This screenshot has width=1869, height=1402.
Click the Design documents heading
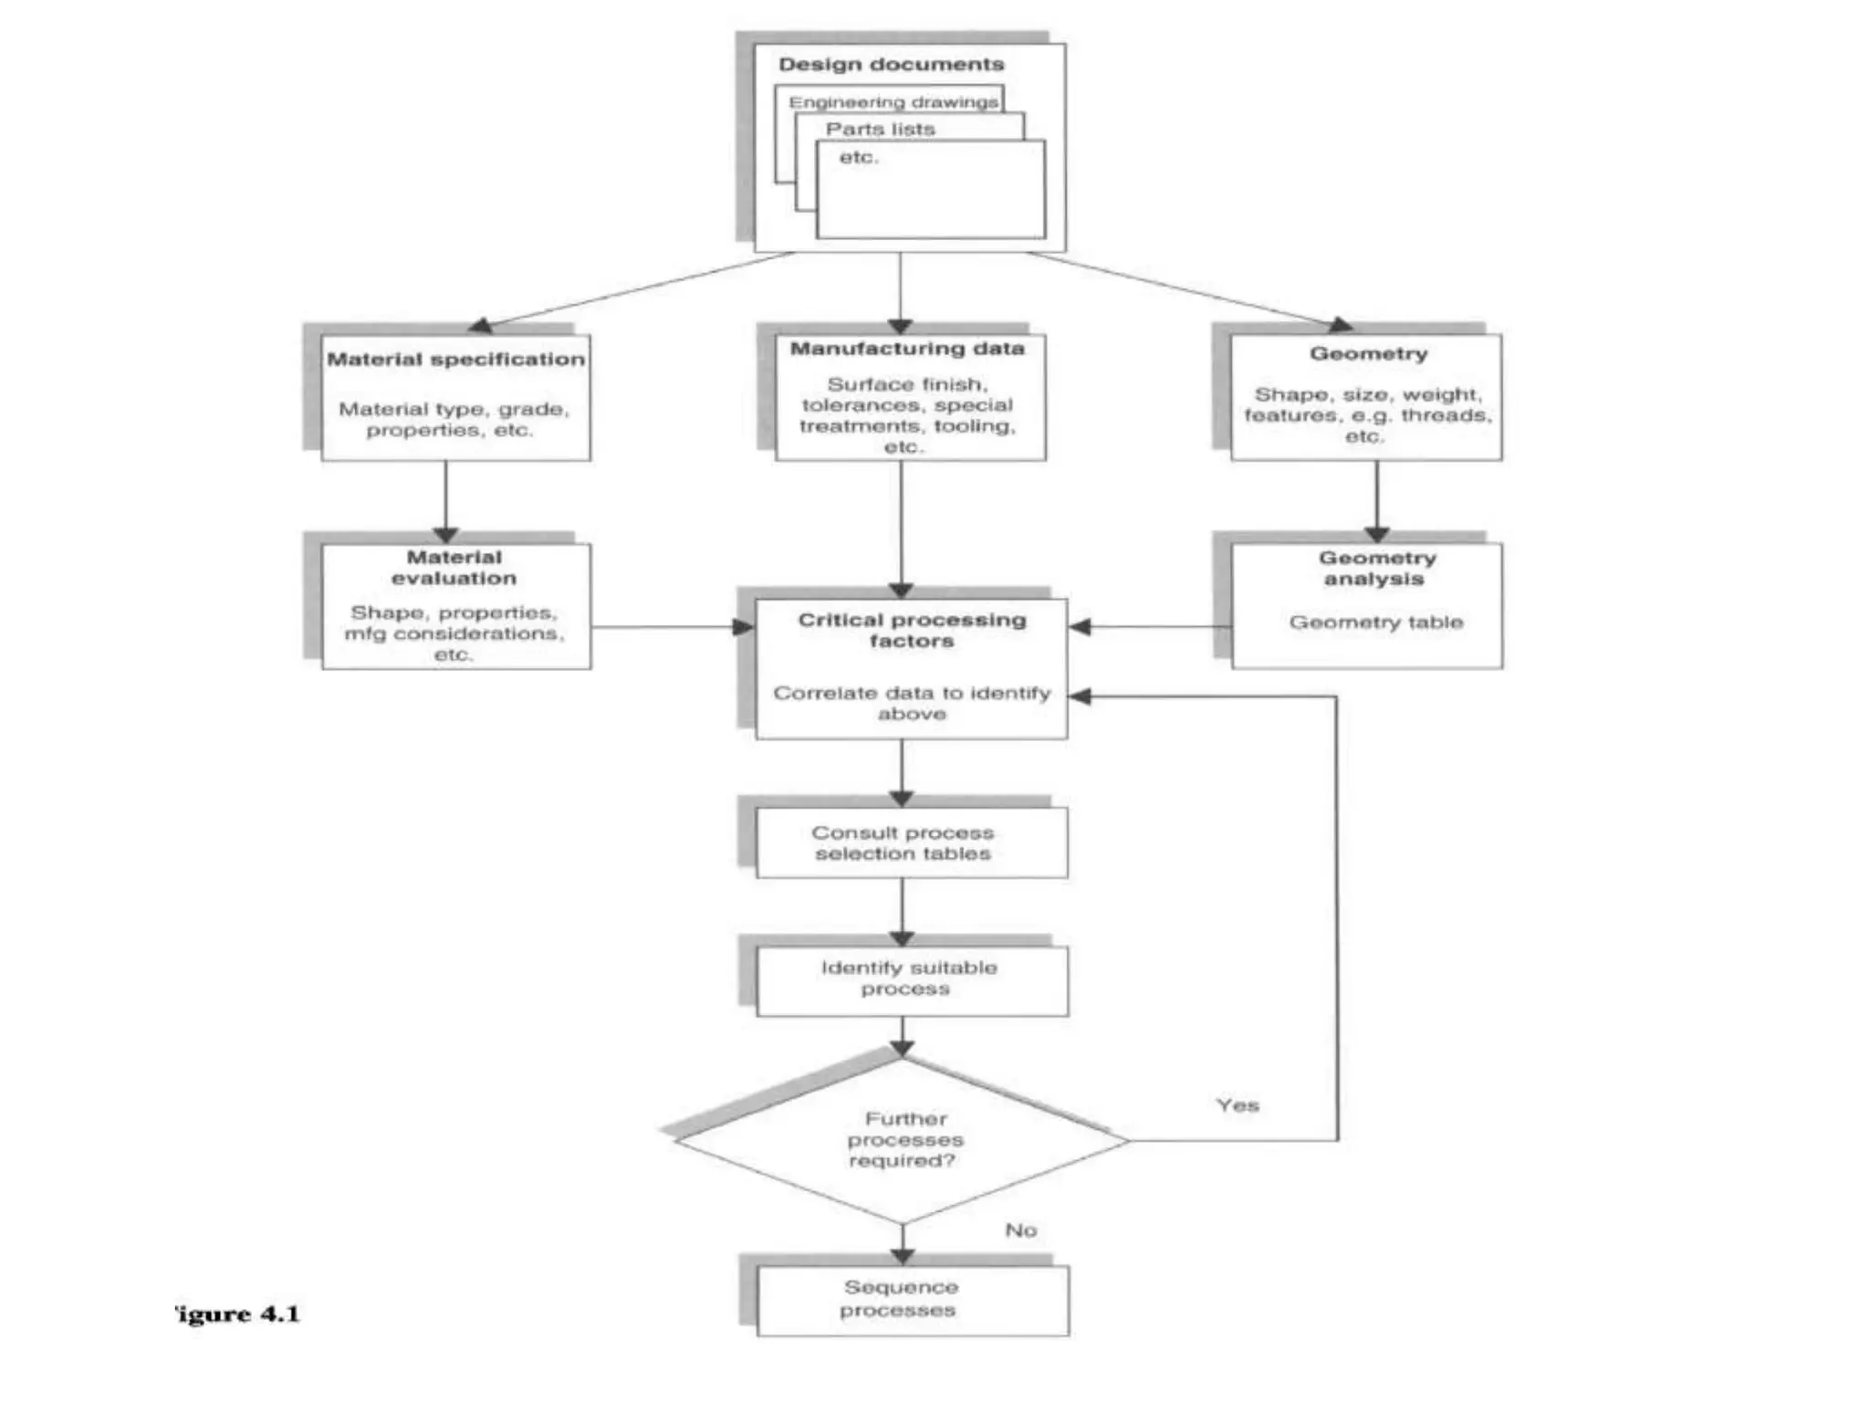(891, 65)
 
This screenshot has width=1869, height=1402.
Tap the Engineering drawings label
(893, 102)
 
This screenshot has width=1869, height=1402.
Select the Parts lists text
(880, 130)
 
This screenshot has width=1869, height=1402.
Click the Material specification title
(455, 360)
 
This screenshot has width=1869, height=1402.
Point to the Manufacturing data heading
(907, 349)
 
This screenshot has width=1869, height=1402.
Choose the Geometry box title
(1368, 354)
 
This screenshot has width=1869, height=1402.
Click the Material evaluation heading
(454, 568)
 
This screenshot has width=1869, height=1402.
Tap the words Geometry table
(1375, 623)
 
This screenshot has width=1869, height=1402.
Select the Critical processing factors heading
(912, 630)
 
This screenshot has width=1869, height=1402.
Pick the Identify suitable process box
(908, 978)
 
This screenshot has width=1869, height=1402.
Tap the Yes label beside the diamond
(1237, 1105)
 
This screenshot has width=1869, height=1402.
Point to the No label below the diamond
(1020, 1230)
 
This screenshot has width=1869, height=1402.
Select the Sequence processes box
(901, 1299)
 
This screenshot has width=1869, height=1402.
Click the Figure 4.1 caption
(237, 1314)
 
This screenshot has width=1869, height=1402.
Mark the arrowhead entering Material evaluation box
(445, 535)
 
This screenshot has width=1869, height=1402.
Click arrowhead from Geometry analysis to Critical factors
(1080, 627)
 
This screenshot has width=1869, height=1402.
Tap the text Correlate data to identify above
(912, 704)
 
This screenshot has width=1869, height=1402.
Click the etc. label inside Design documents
(858, 158)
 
